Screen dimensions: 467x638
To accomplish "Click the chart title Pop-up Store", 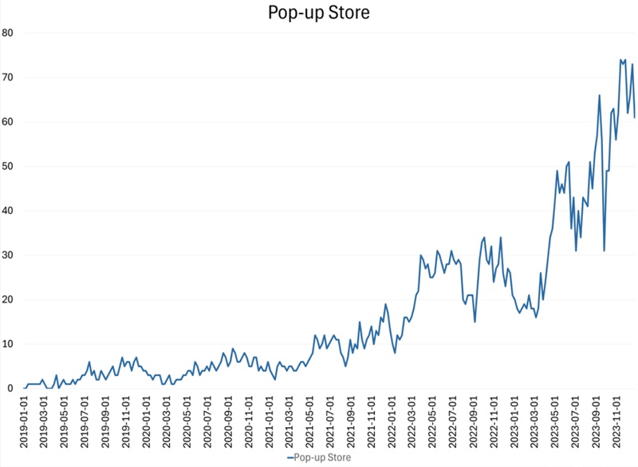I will click(x=319, y=13).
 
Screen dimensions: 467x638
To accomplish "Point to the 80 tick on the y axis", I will click(x=9, y=33).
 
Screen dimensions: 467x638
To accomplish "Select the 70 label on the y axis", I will click(x=9, y=77).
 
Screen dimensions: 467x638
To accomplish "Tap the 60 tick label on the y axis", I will click(x=9, y=122).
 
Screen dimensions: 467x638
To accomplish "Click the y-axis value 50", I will click(x=9, y=166).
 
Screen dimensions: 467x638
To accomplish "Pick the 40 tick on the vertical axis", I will click(x=9, y=211).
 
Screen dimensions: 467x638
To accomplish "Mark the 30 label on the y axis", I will click(x=9, y=255).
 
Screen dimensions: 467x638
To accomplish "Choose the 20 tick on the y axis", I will click(x=9, y=299).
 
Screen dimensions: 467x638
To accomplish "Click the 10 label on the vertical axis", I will click(x=9, y=344).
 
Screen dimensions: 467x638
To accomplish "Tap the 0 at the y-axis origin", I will click(x=12, y=389).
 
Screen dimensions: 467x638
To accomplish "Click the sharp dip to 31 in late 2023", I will click(x=605, y=251).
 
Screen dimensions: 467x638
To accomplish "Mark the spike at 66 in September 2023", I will click(x=599, y=95).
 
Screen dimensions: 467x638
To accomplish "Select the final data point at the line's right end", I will click(x=635, y=117).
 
